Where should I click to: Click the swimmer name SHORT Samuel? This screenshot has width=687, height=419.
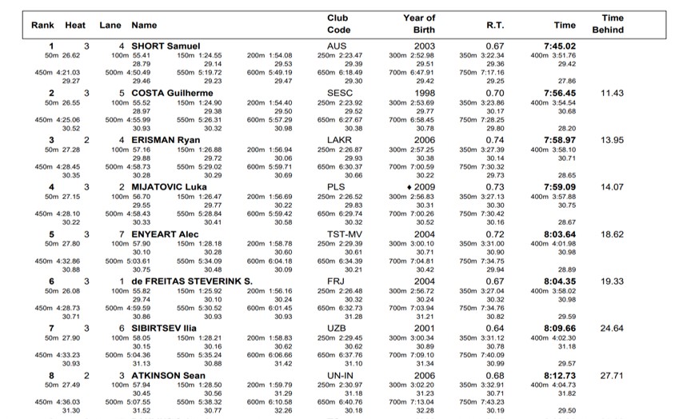tap(165, 46)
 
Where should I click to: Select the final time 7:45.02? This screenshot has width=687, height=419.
tap(560, 46)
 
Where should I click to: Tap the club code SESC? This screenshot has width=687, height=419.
tap(338, 93)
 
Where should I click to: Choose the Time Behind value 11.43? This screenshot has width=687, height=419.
tap(611, 93)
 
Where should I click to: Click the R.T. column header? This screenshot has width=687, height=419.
tap(495, 25)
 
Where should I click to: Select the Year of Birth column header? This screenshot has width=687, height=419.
tap(419, 24)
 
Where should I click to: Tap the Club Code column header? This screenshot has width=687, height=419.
tap(338, 24)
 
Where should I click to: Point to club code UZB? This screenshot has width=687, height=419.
tap(338, 328)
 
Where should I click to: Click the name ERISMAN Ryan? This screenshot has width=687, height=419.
tap(165, 140)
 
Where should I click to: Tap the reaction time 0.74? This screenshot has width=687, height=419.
tap(495, 140)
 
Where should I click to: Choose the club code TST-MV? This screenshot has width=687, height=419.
tap(338, 234)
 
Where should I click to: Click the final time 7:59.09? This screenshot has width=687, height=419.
tap(560, 187)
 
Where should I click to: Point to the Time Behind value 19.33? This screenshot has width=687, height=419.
tap(611, 281)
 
